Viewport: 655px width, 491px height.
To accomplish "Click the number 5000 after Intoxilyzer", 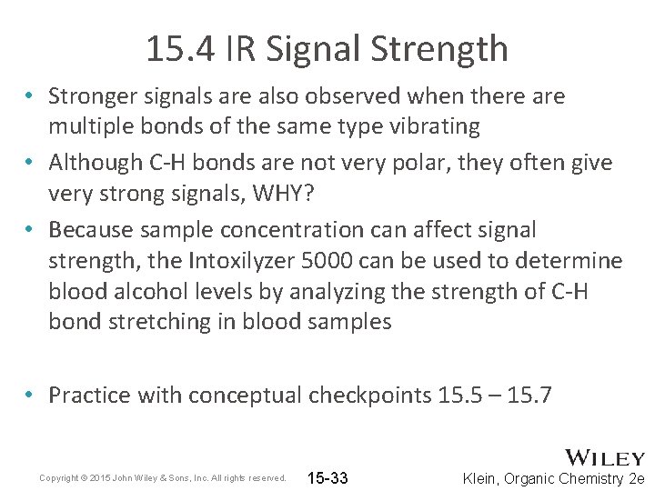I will (x=323, y=262).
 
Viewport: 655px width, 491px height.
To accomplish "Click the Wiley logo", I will (x=605, y=457).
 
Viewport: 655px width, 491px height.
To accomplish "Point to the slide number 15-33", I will (x=328, y=478).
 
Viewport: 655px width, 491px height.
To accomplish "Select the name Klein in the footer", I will (x=482, y=478).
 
